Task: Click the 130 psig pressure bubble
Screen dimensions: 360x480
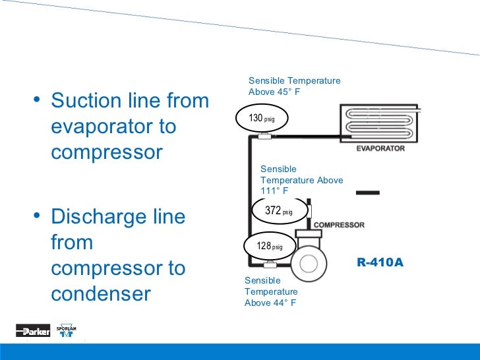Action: click(261, 119)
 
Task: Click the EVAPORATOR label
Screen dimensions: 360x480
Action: click(380, 149)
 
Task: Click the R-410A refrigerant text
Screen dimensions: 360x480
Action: click(380, 262)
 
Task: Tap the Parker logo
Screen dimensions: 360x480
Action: click(33, 331)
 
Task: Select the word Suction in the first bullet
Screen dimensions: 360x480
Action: click(86, 102)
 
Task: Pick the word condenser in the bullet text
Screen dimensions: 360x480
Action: click(101, 293)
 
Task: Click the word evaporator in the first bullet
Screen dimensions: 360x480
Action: click(96, 127)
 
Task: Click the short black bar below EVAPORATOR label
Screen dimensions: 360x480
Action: click(367, 193)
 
